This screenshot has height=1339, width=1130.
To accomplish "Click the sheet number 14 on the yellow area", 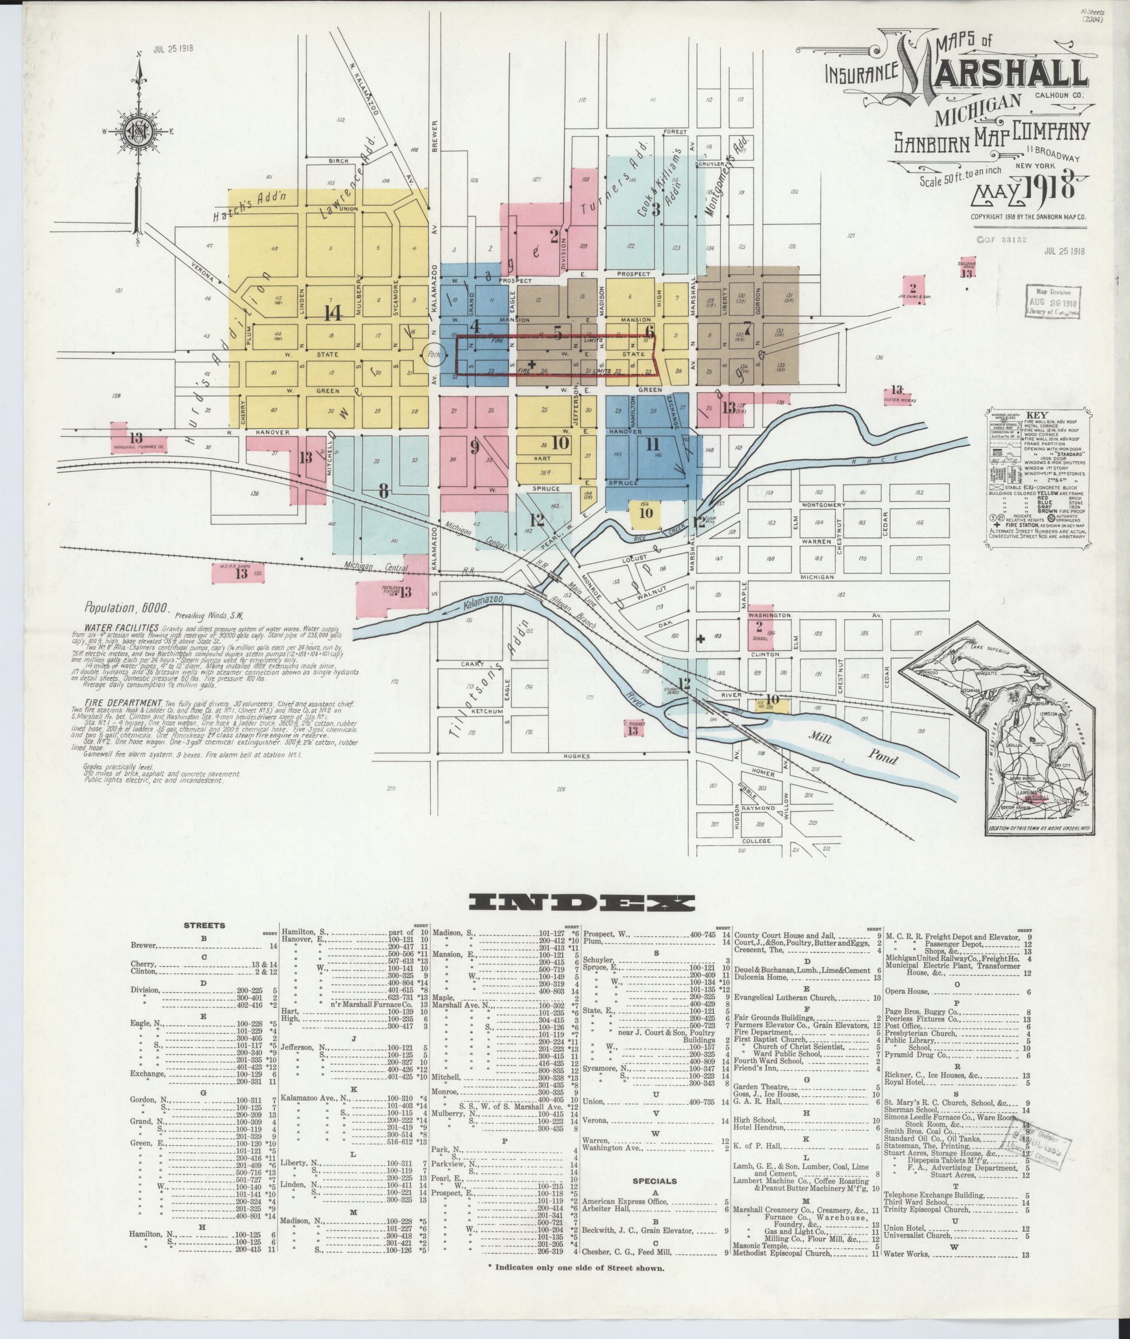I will [332, 313].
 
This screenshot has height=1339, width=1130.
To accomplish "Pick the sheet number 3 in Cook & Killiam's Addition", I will [656, 209].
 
